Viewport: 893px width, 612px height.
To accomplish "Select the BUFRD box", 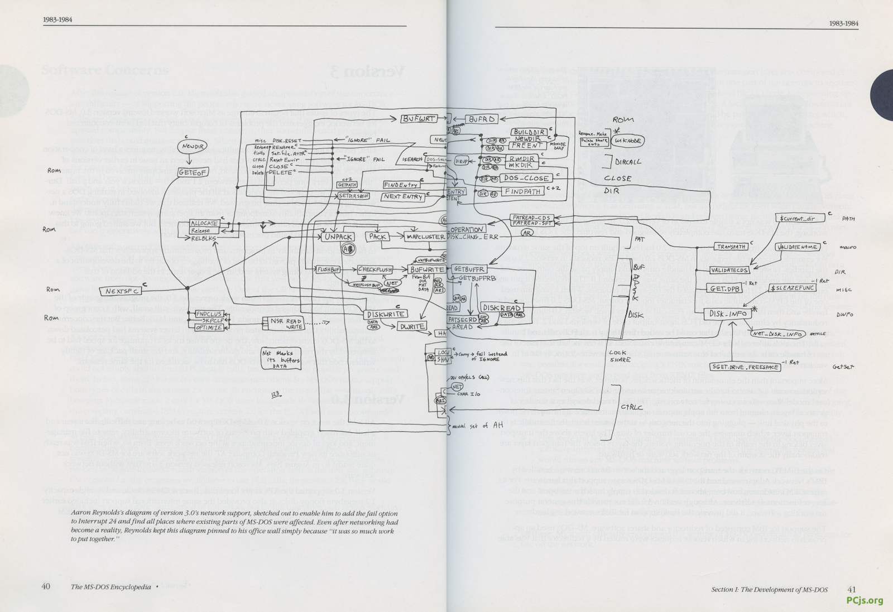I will point(482,119).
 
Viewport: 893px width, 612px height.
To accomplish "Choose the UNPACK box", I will point(338,237).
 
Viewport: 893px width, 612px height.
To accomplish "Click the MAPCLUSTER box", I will point(425,237).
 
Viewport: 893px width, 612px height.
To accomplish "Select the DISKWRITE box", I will point(386,315).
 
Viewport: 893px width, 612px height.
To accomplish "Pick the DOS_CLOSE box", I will point(522,178).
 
